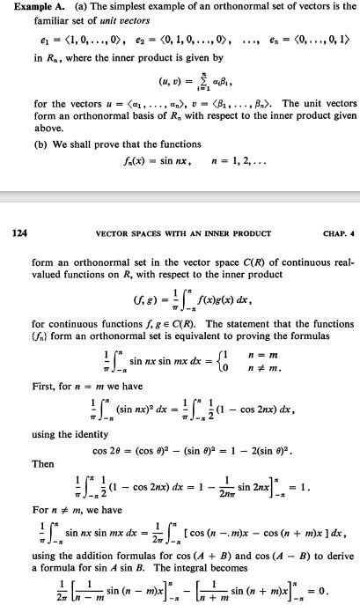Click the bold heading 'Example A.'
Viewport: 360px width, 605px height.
27,8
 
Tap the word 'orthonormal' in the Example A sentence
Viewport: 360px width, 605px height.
216,8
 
